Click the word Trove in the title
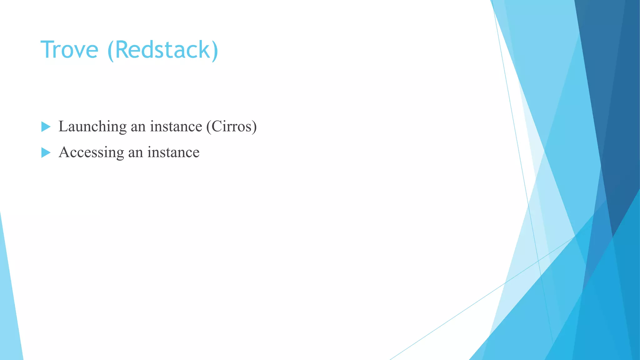tap(69, 50)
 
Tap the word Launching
tap(92, 127)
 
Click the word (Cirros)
tap(232, 127)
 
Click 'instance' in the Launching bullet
tap(176, 127)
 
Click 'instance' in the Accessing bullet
tap(173, 152)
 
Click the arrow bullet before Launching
tap(46, 127)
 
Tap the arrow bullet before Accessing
tap(46, 152)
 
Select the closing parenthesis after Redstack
tap(214, 51)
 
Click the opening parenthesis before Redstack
tap(110, 51)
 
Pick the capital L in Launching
tap(63, 127)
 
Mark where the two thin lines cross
tap(538, 260)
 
